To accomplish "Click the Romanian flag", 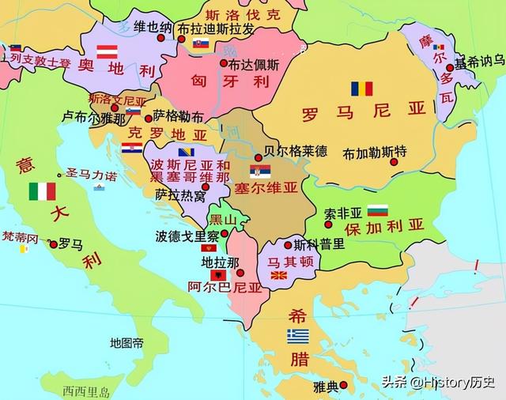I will pos(362,89).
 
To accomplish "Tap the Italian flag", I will pos(42,191).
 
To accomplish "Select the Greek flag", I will pos(297,335).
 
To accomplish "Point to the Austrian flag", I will pos(107,51).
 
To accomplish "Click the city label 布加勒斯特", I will pos(376,152).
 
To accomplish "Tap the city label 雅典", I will pos(325,386).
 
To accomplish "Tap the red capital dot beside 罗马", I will pos(53,244).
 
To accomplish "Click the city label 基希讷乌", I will pos(479,60).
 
